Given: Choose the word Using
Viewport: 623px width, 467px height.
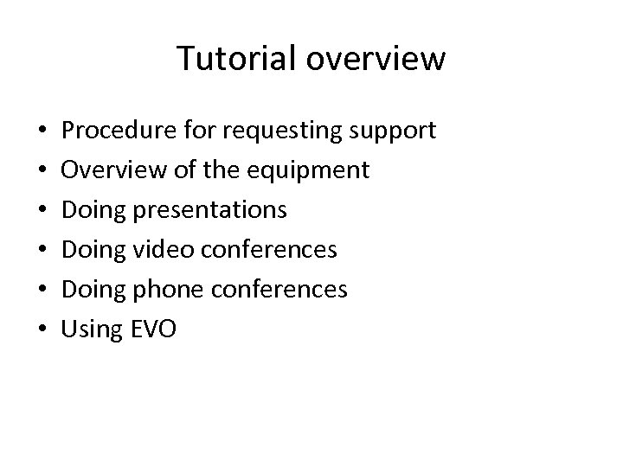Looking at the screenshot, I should [91, 329].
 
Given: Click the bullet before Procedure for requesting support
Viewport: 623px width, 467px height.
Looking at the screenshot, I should [43, 132].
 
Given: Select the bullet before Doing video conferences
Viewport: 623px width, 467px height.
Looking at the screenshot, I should [43, 250].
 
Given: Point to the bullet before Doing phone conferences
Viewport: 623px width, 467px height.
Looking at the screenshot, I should [43, 290].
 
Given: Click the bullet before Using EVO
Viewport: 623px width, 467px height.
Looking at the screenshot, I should [43, 329].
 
